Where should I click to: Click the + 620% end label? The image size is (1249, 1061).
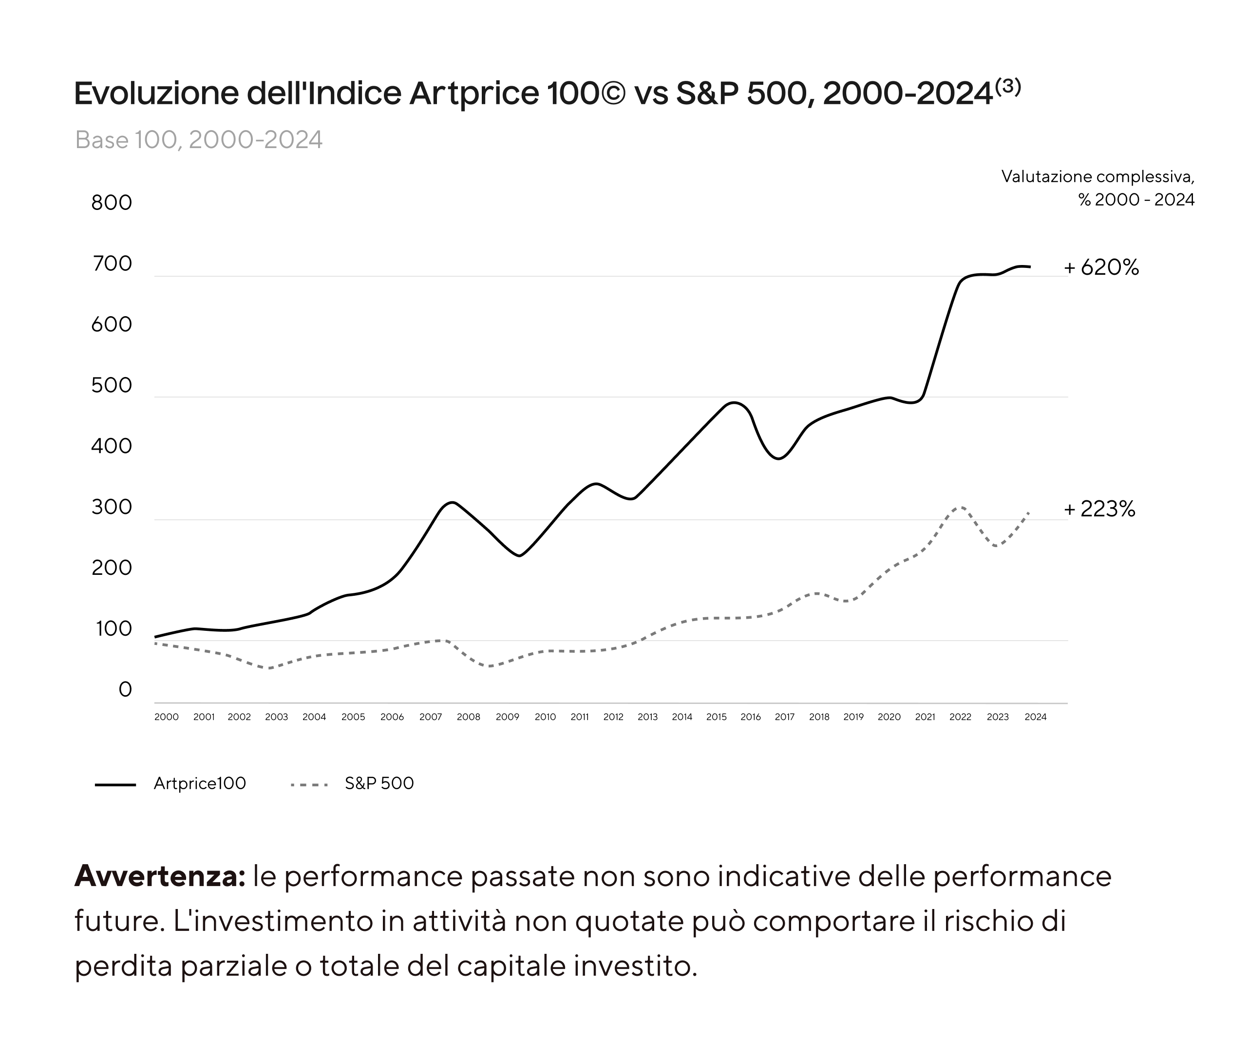click(1101, 267)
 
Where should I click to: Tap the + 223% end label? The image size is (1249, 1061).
click(1099, 510)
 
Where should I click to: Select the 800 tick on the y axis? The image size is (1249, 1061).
click(111, 203)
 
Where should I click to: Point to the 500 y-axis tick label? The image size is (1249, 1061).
click(111, 385)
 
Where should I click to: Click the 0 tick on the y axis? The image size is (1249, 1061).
click(125, 689)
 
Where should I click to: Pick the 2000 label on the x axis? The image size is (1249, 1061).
click(166, 717)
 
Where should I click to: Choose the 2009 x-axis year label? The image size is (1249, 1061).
click(507, 717)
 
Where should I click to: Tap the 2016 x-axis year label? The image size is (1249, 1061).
click(751, 717)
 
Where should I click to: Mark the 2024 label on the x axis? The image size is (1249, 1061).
click(1035, 717)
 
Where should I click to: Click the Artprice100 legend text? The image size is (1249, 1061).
click(200, 783)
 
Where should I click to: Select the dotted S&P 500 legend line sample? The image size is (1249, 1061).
click(309, 784)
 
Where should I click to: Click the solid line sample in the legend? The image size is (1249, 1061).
click(115, 784)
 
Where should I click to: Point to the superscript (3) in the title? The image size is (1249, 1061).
click(1008, 87)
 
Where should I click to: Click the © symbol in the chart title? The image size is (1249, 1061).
click(612, 93)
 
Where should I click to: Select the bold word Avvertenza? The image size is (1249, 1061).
click(159, 876)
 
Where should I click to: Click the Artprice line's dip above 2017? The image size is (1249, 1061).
click(779, 459)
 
